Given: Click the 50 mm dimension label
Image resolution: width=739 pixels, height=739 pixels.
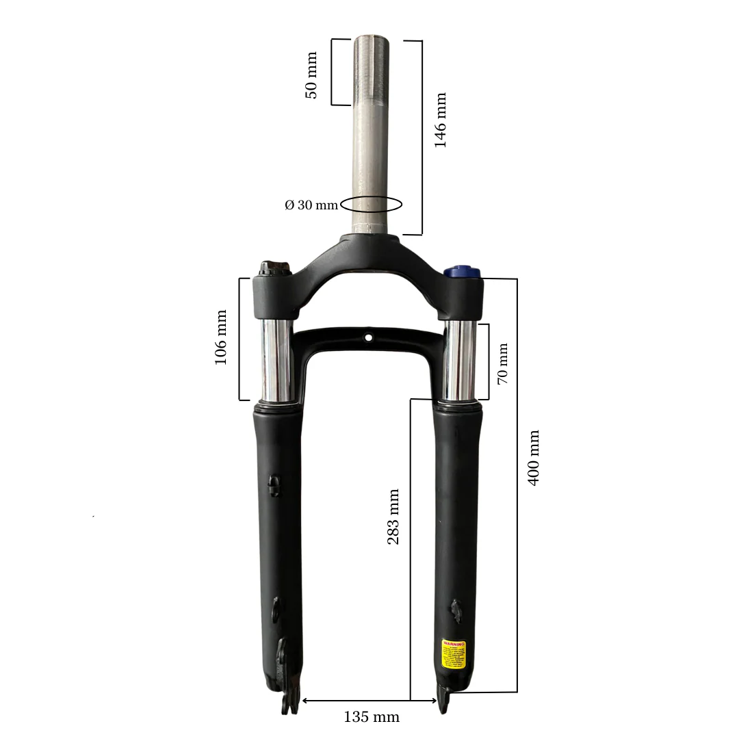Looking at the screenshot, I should click(x=311, y=75).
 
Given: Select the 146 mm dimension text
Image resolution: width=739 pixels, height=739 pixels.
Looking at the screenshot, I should click(x=441, y=120).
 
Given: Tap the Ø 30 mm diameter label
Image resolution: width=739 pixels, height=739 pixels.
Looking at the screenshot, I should click(x=311, y=205).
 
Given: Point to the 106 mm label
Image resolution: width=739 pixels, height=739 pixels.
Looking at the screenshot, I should click(x=221, y=337).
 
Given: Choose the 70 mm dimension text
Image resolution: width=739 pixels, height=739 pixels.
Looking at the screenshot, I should click(x=503, y=363).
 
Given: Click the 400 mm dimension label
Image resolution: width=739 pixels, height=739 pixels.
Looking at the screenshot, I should click(x=534, y=457).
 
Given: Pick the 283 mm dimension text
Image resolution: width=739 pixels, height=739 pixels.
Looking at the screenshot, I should click(x=393, y=517).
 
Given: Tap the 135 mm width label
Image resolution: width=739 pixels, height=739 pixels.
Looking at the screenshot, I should click(x=371, y=717).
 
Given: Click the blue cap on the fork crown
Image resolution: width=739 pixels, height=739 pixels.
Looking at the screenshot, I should click(x=461, y=272).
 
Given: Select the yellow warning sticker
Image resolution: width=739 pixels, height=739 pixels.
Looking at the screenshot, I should click(x=454, y=654).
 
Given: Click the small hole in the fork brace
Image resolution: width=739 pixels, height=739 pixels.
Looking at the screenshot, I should click(x=369, y=337).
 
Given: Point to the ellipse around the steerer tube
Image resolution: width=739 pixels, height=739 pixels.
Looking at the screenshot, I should click(x=372, y=204).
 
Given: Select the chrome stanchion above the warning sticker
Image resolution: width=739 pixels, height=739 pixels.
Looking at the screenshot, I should click(x=459, y=361).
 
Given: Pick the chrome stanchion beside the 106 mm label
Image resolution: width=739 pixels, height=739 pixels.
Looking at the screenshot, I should click(x=276, y=360).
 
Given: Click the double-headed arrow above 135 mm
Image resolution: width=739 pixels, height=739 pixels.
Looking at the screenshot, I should click(x=369, y=701).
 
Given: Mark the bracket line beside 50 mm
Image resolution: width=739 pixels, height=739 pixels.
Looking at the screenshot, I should click(x=333, y=72).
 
